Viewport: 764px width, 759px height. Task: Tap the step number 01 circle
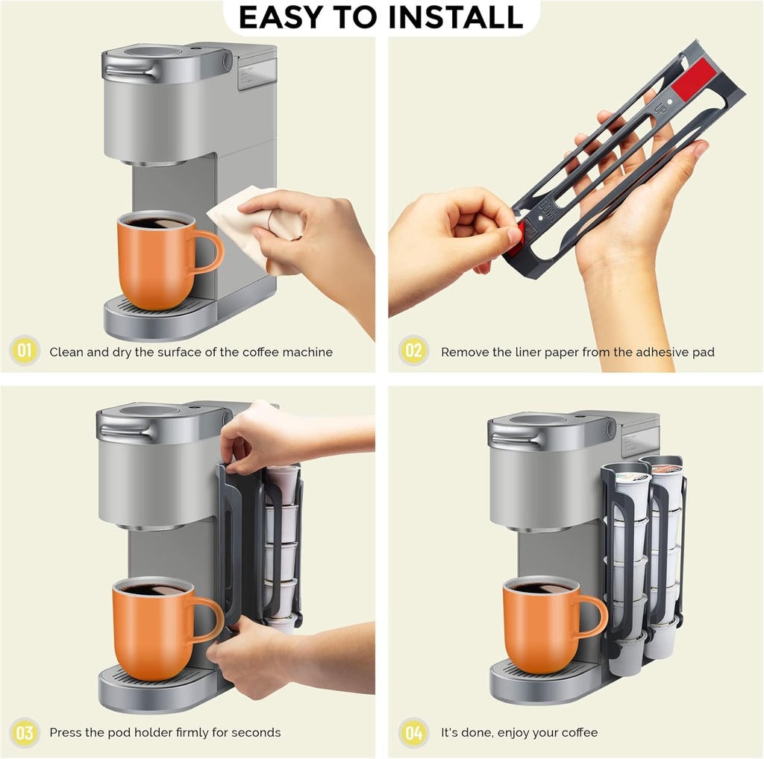point(25,350)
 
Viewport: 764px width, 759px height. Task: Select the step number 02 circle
point(413,350)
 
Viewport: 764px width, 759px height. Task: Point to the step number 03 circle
point(25,731)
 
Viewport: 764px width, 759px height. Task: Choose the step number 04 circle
point(413,731)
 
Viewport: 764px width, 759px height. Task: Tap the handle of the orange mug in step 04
point(592,616)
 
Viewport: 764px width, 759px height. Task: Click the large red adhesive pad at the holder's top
point(694,78)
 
